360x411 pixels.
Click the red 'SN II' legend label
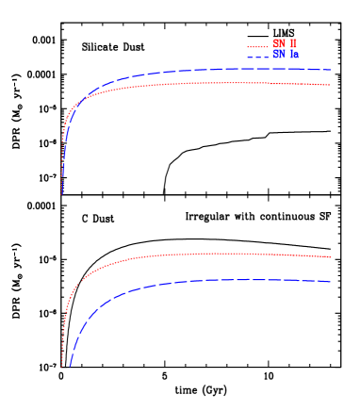[x=285, y=43]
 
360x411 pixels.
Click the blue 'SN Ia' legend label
[x=286, y=55]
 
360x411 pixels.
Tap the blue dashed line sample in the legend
[x=256, y=58]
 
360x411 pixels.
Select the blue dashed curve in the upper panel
[x=188, y=71]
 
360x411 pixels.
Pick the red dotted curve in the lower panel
[x=188, y=254]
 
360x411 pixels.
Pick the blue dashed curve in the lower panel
[x=188, y=281]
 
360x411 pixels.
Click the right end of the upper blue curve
[x=330, y=70]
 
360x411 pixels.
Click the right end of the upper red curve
[x=330, y=85]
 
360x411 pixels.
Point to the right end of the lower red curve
[x=330, y=256]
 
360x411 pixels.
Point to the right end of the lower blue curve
[x=330, y=281]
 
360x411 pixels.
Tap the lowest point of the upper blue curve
[x=62, y=193]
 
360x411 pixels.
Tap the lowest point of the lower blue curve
[x=70, y=365]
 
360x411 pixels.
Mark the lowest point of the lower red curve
[x=62, y=365]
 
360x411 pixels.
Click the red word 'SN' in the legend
[x=279, y=43]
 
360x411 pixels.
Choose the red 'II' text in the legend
[x=293, y=43]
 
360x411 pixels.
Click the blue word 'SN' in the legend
[x=279, y=55]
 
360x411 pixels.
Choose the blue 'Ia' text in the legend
[x=294, y=55]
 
